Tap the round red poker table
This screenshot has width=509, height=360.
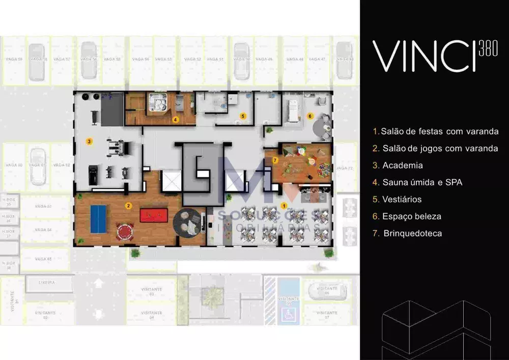point(124,232)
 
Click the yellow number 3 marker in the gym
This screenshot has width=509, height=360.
point(89,141)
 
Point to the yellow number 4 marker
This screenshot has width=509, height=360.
point(175,120)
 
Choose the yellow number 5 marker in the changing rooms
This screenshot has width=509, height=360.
point(243,116)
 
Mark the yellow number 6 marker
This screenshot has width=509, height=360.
point(310,116)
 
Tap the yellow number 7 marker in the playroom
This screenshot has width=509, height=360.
point(275,160)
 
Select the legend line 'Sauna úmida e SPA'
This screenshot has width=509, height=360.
point(417,182)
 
